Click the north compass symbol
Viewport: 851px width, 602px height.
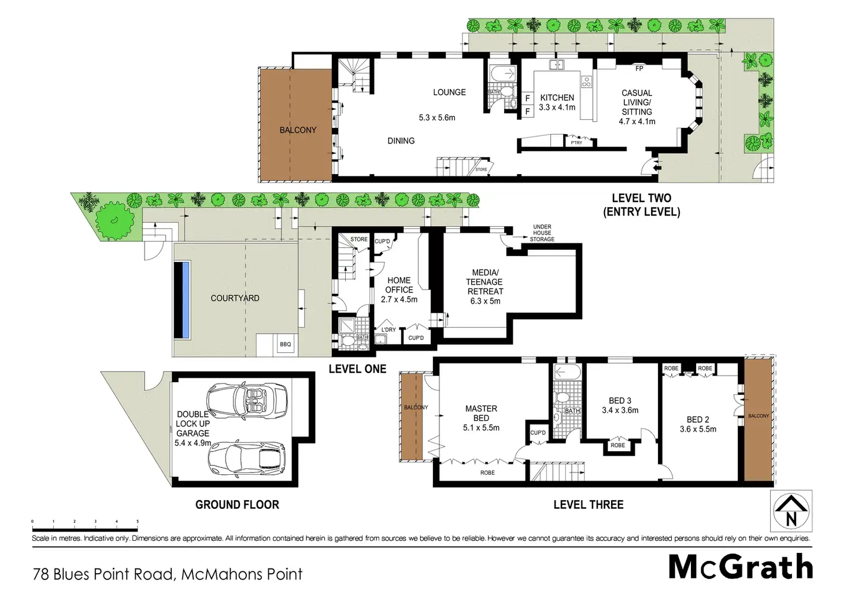791,511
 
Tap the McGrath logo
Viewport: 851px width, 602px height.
741,568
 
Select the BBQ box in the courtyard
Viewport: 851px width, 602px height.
286,344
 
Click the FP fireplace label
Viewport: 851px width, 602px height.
639,68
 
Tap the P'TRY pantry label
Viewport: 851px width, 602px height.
576,142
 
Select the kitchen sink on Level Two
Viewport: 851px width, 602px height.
557,65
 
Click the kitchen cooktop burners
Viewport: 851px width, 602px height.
586,82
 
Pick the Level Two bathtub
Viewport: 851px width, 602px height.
503,73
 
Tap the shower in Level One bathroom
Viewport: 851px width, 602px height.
346,325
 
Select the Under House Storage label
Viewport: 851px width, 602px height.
542,233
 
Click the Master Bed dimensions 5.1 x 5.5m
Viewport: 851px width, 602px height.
481,427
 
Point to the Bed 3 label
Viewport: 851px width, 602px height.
620,401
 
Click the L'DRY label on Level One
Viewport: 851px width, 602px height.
388,330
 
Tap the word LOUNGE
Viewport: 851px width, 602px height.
449,93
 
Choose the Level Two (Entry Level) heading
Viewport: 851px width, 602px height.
642,205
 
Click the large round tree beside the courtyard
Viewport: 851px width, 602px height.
114,220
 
